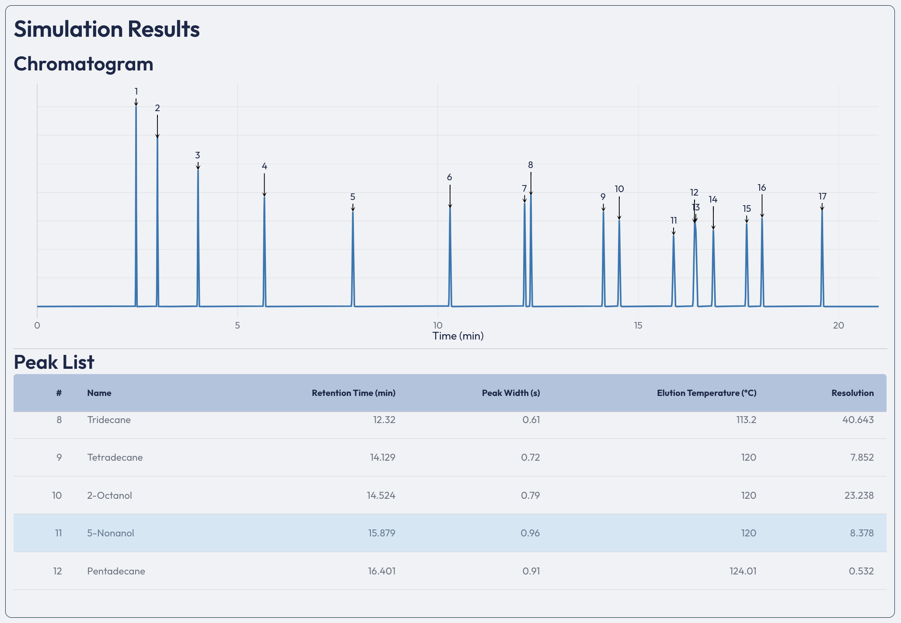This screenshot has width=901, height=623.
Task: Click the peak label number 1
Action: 136,91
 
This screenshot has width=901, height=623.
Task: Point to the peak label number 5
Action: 353,197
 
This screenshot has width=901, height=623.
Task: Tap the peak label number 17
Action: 822,196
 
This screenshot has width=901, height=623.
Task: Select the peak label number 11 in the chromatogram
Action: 674,220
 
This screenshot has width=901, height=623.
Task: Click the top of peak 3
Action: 198,171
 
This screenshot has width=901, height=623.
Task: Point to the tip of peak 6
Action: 450,208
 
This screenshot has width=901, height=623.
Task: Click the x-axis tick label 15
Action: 638,325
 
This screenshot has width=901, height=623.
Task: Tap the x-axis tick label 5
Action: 237,325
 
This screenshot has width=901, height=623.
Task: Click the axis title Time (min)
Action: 458,336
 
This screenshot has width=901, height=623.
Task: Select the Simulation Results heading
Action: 107,29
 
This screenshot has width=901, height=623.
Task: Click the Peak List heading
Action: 54,362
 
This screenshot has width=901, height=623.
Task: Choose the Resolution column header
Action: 852,393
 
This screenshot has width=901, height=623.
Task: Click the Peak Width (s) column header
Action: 511,393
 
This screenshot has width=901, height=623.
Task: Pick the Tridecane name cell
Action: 109,420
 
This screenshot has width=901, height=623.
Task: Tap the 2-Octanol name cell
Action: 109,495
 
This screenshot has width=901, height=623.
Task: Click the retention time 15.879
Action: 382,533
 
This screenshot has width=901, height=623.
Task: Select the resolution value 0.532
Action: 861,571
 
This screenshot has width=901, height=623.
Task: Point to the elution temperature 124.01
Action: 743,571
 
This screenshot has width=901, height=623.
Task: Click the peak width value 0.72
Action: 530,458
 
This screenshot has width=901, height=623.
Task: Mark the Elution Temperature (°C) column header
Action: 706,393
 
